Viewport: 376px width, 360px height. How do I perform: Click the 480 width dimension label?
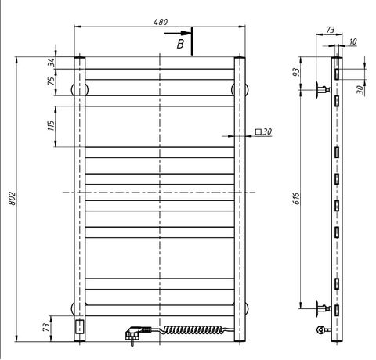pos(161,22)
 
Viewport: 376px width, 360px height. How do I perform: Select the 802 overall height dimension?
pos(13,199)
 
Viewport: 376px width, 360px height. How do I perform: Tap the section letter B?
pos(180,44)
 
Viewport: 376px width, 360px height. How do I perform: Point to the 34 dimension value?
pos(51,63)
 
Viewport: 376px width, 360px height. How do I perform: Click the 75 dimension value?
pos(52,81)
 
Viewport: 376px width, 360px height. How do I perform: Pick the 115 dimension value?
pos(52,125)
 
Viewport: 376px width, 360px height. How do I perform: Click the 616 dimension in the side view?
pos(296,199)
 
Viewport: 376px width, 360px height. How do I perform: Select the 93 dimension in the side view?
pos(296,72)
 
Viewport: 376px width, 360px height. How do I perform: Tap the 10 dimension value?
pos(352,41)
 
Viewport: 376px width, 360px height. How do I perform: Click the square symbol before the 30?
pos(258,131)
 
